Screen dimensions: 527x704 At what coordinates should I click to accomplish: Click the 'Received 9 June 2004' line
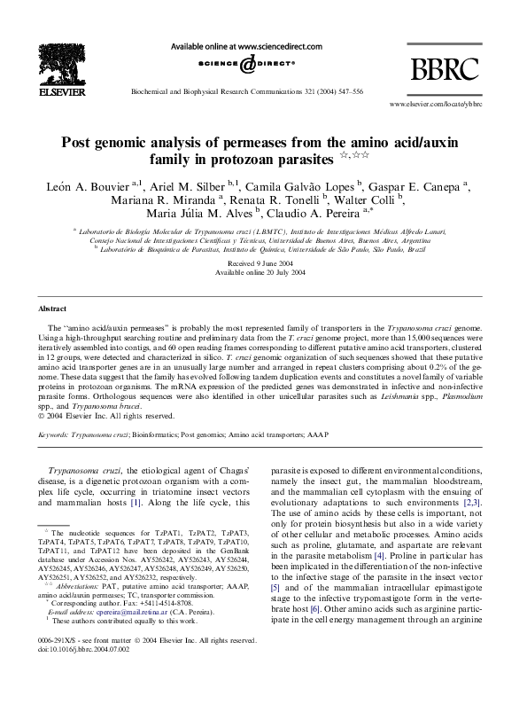point(263,264)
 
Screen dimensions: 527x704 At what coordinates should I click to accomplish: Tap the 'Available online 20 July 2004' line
point(263,273)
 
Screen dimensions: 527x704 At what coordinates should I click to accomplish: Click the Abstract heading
point(53,308)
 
